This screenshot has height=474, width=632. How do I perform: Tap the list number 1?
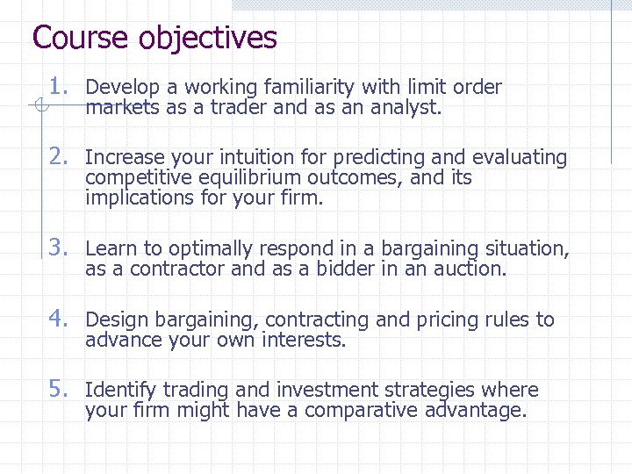[x=58, y=86]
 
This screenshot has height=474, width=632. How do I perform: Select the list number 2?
[x=58, y=156]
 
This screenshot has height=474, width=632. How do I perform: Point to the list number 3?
[x=58, y=248]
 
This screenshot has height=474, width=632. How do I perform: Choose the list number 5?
[x=58, y=389]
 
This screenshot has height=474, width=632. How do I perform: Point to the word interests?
[x=304, y=341]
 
